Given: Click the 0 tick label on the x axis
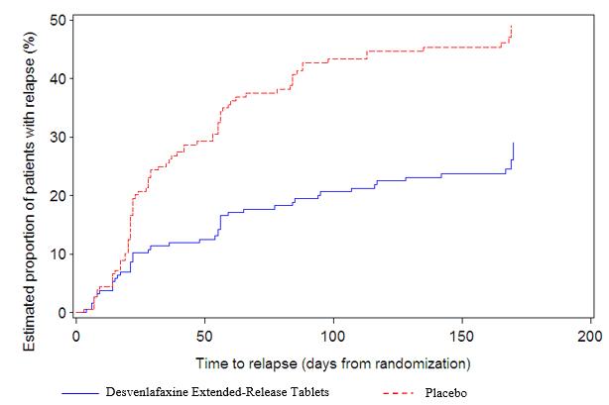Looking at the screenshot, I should tap(76, 335).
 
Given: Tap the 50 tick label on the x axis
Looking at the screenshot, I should tap(205, 335).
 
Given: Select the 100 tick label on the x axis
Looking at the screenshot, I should tap(334, 335).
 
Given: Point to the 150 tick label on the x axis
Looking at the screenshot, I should tap(463, 335).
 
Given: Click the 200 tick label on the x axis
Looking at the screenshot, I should tap(591, 335).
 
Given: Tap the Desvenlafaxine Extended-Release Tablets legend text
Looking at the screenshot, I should tap(217, 392).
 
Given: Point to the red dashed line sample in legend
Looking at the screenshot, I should tap(402, 393).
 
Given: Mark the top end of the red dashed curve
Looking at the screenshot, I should tap(512, 27).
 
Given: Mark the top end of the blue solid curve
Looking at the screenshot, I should tap(514, 143).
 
